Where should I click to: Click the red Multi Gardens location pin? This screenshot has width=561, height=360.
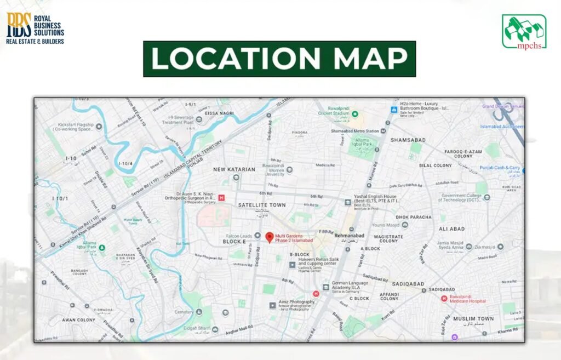pos(269,237)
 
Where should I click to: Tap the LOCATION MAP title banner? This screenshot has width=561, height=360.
pos(279,59)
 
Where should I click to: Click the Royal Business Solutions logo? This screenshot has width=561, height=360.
pos(35,27)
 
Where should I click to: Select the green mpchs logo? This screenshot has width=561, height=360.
pos(524,31)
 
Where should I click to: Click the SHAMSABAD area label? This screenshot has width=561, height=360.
pos(408,140)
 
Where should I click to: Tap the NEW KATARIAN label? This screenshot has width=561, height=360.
pos(234,170)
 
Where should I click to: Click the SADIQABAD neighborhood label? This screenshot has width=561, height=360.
pos(408,284)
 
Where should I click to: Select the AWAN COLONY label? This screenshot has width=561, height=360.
pos(78,320)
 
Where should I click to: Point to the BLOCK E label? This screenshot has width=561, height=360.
pos(234,242)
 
